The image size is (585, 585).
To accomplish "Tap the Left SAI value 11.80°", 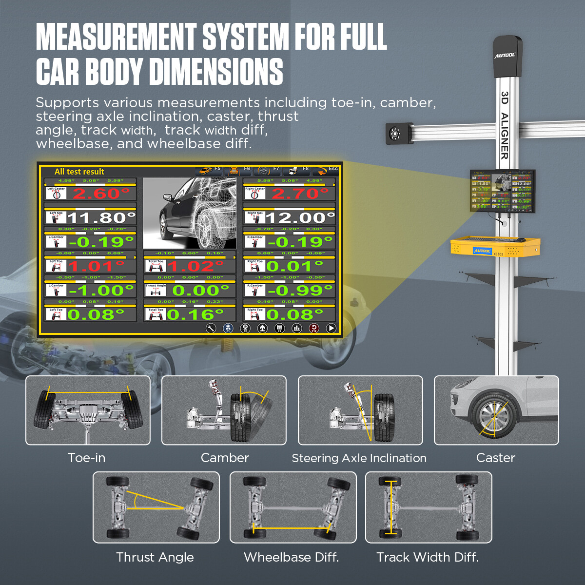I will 101,217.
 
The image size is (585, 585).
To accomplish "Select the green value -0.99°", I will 300,291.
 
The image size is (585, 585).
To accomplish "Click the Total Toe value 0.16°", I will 195,314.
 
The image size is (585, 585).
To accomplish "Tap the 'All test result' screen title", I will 79,172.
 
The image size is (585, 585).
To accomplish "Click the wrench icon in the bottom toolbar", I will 211,329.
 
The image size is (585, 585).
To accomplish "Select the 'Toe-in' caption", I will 87,458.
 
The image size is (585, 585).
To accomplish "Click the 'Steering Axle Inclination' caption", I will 359,458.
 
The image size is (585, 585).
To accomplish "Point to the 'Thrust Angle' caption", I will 155,557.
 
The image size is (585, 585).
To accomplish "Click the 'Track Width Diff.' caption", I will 428,557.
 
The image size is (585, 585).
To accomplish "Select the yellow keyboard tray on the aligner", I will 495,247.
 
